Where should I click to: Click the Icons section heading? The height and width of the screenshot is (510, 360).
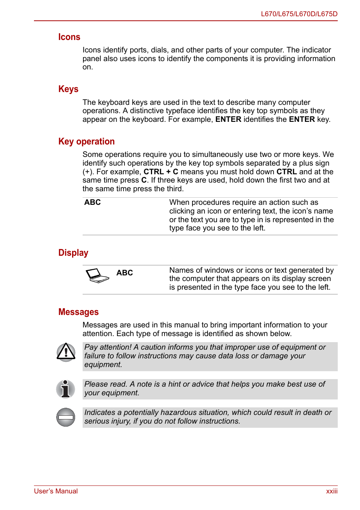tap(69, 37)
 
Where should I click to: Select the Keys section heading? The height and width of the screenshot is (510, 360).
tap(68, 89)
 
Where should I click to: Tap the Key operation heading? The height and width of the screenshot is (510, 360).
tap(86, 141)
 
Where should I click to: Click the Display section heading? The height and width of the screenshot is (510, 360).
tap(73, 253)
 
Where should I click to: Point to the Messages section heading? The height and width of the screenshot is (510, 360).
tap(78, 312)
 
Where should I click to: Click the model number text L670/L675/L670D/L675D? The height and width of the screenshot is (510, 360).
tap(299, 14)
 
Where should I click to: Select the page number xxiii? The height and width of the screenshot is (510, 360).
tap(332, 491)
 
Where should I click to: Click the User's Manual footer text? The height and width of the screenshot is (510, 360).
tap(56, 491)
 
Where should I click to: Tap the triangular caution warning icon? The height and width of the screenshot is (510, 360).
tap(66, 352)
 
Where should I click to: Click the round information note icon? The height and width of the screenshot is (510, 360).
tap(66, 389)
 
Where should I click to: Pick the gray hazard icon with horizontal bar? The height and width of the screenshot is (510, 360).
tap(66, 417)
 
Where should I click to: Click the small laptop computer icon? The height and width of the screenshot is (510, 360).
tap(97, 276)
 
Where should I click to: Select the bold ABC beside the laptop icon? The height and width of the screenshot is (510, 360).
tap(125, 273)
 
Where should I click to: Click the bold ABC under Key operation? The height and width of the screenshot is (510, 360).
tap(92, 202)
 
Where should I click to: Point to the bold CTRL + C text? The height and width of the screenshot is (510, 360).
tap(161, 172)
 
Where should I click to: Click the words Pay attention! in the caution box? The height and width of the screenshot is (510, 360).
tap(108, 347)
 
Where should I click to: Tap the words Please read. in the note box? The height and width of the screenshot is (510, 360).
tap(106, 384)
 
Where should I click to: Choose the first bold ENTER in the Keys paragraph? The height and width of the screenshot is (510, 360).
tap(228, 119)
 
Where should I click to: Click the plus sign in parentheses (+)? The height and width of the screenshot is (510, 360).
tap(88, 172)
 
